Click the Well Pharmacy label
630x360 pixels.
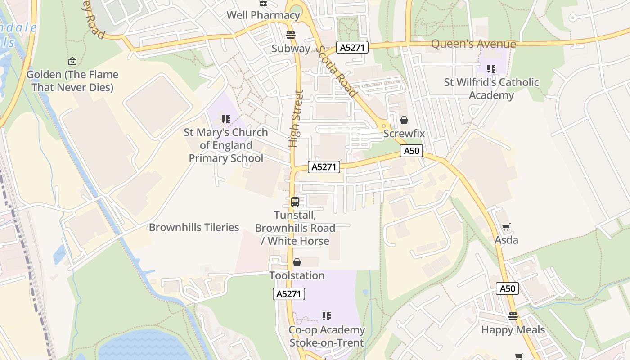(263, 15)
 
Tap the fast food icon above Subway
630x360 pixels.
(291, 35)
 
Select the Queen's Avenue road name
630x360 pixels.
(473, 44)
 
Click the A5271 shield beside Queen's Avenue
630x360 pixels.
(352, 47)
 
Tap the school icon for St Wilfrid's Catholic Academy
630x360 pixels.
(491, 69)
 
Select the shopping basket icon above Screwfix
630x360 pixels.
(404, 120)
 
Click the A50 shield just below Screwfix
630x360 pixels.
(412, 151)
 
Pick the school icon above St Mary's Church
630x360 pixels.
(226, 119)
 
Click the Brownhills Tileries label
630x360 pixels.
(194, 227)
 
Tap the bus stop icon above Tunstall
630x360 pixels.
(295, 202)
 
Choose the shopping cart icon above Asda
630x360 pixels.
(506, 227)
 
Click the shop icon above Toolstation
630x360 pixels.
(297, 262)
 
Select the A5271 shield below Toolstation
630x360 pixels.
(289, 294)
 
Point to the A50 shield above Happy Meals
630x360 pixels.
(507, 288)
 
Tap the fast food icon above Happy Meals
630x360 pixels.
(513, 316)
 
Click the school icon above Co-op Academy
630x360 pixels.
(327, 316)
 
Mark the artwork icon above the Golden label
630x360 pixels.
(72, 61)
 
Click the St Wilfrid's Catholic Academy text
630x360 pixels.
(491, 89)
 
